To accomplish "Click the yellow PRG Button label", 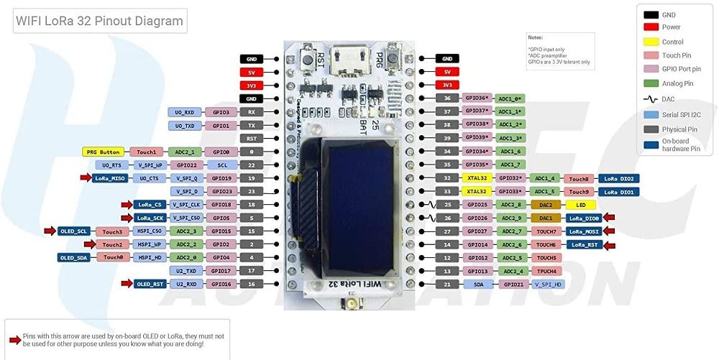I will click(103, 152).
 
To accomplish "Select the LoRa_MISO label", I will click(110, 178).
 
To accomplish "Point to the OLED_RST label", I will click(151, 284).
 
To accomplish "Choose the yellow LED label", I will click(580, 205).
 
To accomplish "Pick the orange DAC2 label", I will click(546, 205).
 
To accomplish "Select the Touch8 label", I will click(579, 178).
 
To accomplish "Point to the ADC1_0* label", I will click(510, 98).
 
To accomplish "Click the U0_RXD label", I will click(185, 112).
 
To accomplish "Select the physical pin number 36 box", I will click(447, 98).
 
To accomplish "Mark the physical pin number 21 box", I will click(447, 285).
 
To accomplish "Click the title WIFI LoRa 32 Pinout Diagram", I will click(100, 22).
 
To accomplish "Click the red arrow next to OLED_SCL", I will click(50, 231).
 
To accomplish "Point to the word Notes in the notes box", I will click(536, 37).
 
